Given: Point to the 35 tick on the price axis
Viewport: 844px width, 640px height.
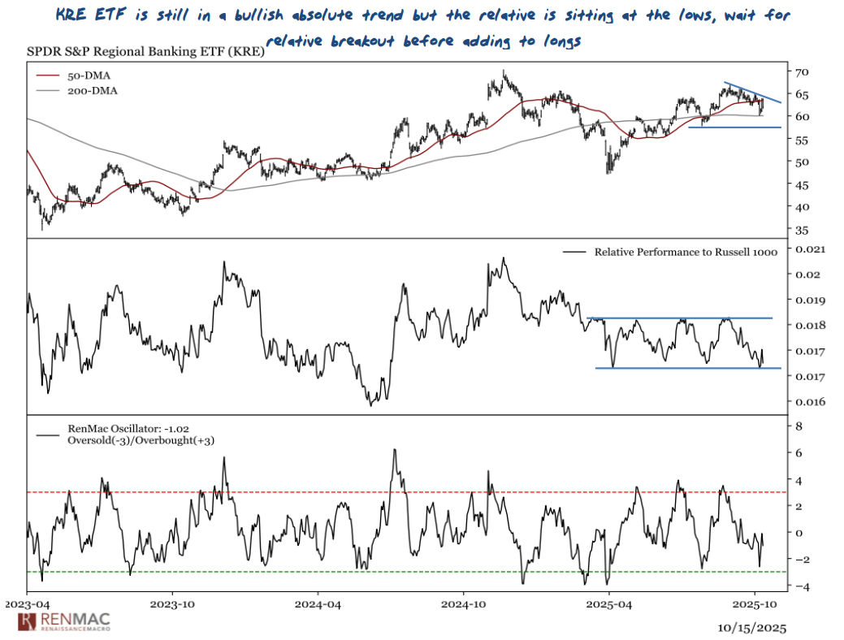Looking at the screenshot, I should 803,230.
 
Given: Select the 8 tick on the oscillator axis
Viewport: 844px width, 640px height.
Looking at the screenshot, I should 799,426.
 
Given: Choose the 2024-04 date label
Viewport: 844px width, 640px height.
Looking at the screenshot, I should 318,605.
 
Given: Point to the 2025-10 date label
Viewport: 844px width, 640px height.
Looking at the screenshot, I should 755,605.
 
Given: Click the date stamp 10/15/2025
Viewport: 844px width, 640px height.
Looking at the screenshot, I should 752,628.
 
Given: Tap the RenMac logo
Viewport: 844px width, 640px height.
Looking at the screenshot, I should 63,622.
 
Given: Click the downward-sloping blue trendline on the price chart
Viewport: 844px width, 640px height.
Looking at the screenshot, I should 753,93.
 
